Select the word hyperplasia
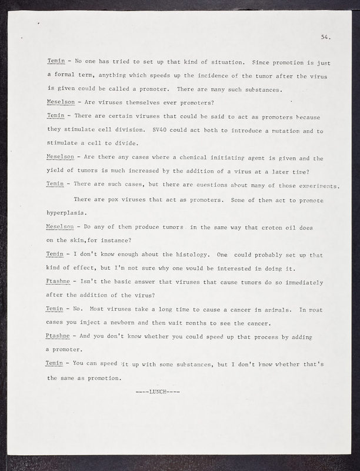click(67, 213)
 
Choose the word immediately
click(301, 281)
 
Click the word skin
click(80, 240)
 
